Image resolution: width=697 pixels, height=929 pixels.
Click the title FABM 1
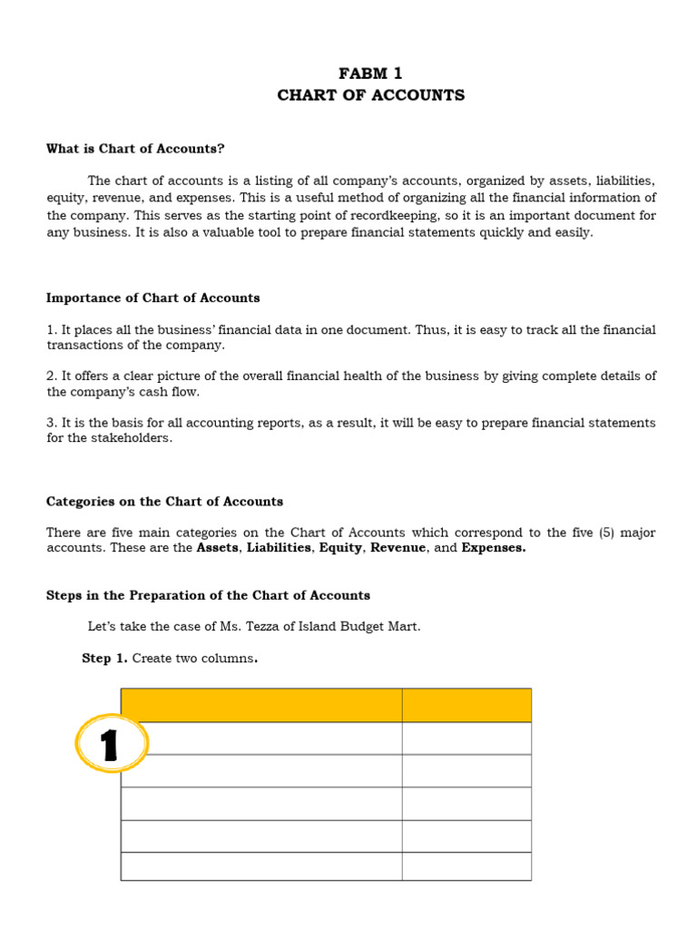pos(369,73)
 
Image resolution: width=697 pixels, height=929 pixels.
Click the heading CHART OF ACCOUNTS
pos(370,95)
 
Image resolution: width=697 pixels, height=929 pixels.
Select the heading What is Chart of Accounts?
pos(135,148)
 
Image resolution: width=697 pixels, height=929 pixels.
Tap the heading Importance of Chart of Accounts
pos(152,298)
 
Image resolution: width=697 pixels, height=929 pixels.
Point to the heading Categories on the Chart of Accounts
pos(164,501)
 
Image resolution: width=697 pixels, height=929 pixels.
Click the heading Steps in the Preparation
pos(208,595)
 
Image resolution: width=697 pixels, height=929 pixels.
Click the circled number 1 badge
pos(111,744)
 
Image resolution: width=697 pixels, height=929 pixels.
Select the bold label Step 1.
pos(104,659)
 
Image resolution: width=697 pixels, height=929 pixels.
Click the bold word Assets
pos(218,548)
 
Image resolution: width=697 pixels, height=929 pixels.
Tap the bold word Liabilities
pos(279,548)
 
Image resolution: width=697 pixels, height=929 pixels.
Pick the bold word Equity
pos(340,548)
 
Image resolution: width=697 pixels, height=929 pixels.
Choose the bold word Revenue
pos(398,548)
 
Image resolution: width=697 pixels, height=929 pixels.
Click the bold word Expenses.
pos(493,548)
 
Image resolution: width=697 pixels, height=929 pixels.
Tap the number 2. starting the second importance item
pos(52,376)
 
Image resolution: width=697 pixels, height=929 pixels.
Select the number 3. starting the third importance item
pos(52,423)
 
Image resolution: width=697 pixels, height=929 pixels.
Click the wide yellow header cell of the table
pos(261,705)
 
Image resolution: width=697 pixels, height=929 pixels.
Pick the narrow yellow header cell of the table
pos(466,705)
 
